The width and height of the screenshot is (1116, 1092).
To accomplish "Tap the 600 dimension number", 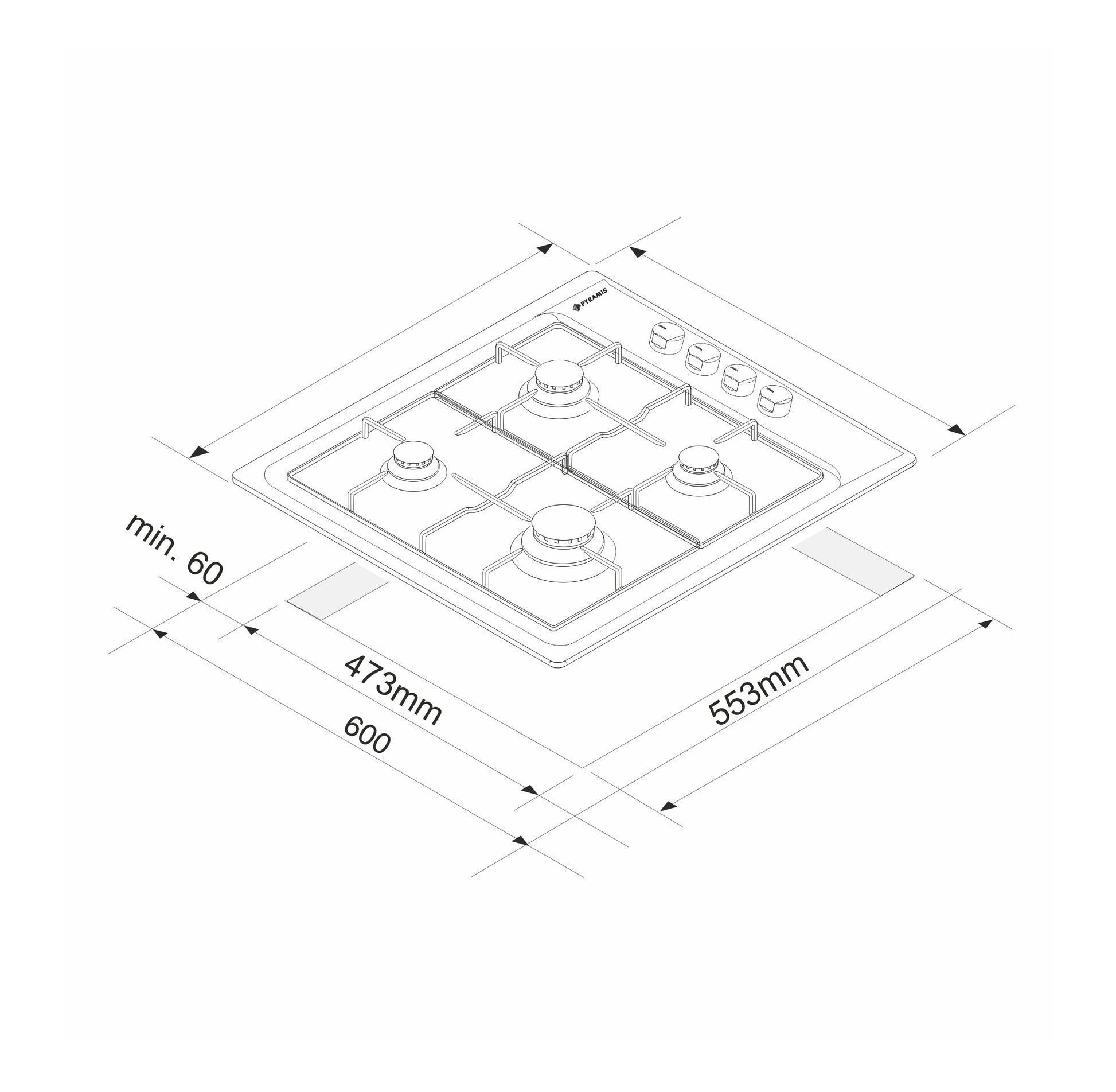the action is point(367,735).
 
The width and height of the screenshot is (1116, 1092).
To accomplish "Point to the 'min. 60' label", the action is point(173,549).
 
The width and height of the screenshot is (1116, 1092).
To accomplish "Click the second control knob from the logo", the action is point(703,360).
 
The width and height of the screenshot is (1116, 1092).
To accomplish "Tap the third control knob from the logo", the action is point(739,380).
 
